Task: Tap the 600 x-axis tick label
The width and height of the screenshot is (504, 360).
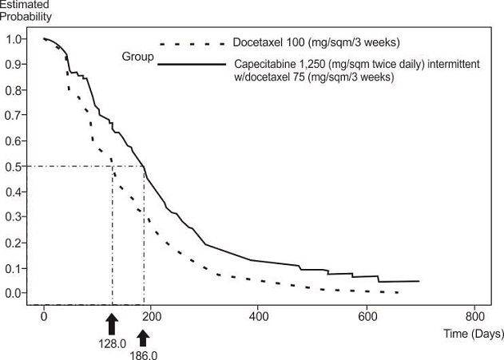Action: pyautogui.click(x=367, y=315)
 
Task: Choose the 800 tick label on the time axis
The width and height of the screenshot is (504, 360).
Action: pyautogui.click(x=474, y=315)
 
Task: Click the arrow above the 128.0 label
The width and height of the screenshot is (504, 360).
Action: pyautogui.click(x=112, y=323)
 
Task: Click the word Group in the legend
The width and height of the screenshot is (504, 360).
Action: pyautogui.click(x=137, y=57)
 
